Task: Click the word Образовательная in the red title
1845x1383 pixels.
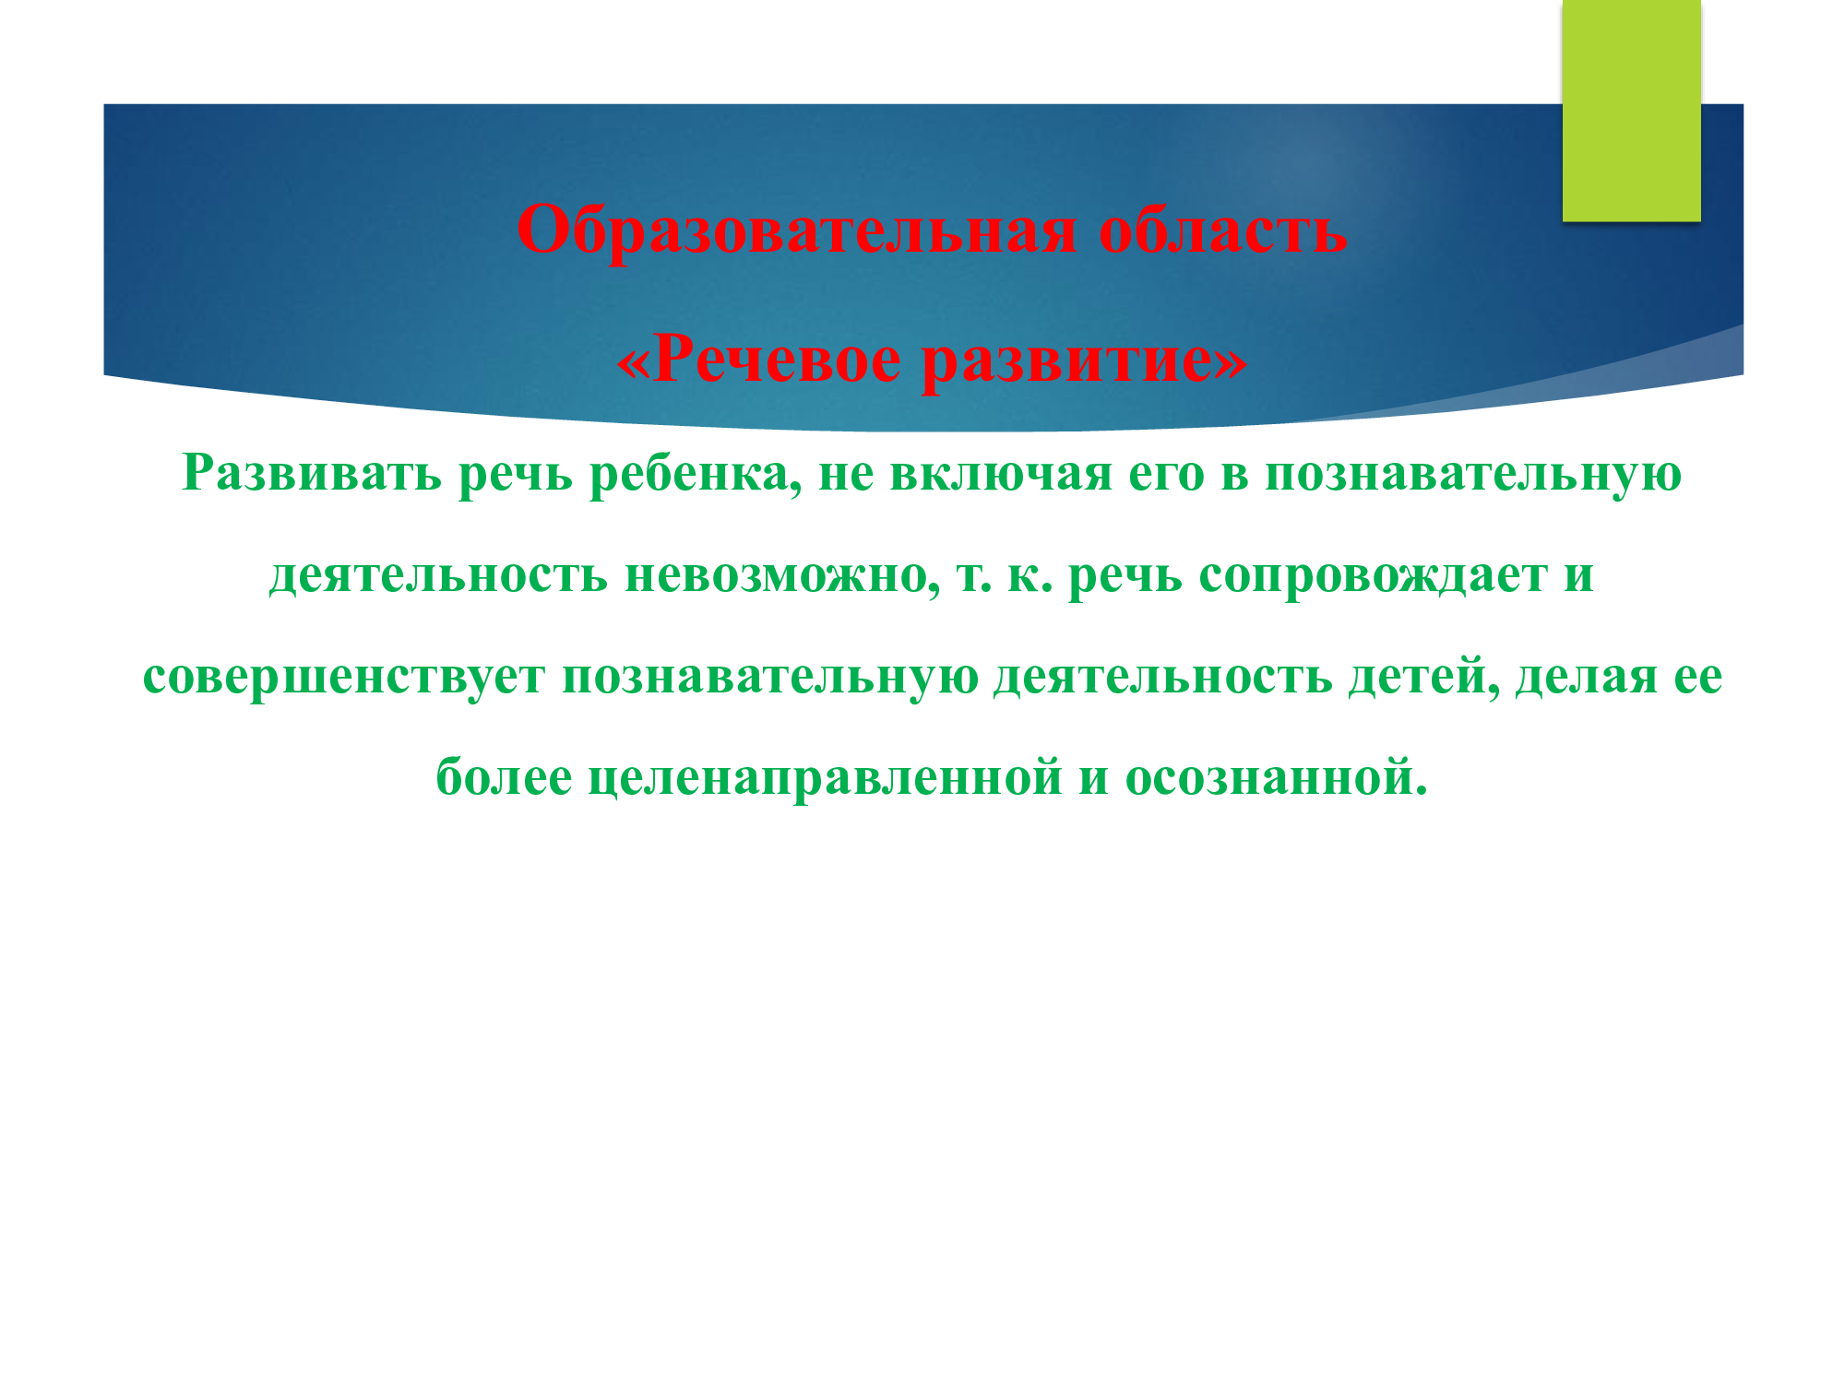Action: pyautogui.click(x=796, y=230)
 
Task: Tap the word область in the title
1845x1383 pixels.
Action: pyautogui.click(x=1223, y=230)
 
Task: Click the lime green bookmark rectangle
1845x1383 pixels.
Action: pyautogui.click(x=1631, y=111)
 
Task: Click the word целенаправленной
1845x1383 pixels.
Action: pyautogui.click(x=826, y=779)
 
